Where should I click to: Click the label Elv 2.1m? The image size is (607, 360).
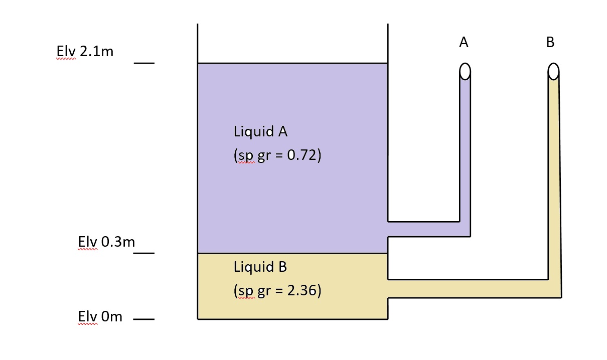[x=85, y=52]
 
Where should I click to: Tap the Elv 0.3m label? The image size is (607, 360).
[x=106, y=242]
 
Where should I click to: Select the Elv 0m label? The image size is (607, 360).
[x=100, y=317]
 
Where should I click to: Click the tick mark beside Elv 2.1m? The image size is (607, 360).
[x=144, y=63]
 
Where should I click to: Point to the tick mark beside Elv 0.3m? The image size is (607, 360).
[x=144, y=253]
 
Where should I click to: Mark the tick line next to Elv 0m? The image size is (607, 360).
[x=144, y=319]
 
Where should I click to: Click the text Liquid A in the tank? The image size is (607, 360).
[x=260, y=132]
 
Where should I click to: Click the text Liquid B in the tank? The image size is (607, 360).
[x=260, y=267]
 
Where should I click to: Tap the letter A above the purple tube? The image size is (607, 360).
[x=464, y=43]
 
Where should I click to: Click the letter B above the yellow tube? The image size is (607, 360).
[x=550, y=43]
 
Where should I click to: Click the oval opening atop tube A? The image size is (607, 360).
[x=465, y=72]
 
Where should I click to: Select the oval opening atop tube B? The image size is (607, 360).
[x=553, y=72]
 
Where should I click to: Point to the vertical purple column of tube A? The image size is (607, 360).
[x=465, y=150]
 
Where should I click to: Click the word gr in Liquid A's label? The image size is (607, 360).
[x=263, y=156]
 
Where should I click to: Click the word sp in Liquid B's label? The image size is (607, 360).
[x=245, y=291]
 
